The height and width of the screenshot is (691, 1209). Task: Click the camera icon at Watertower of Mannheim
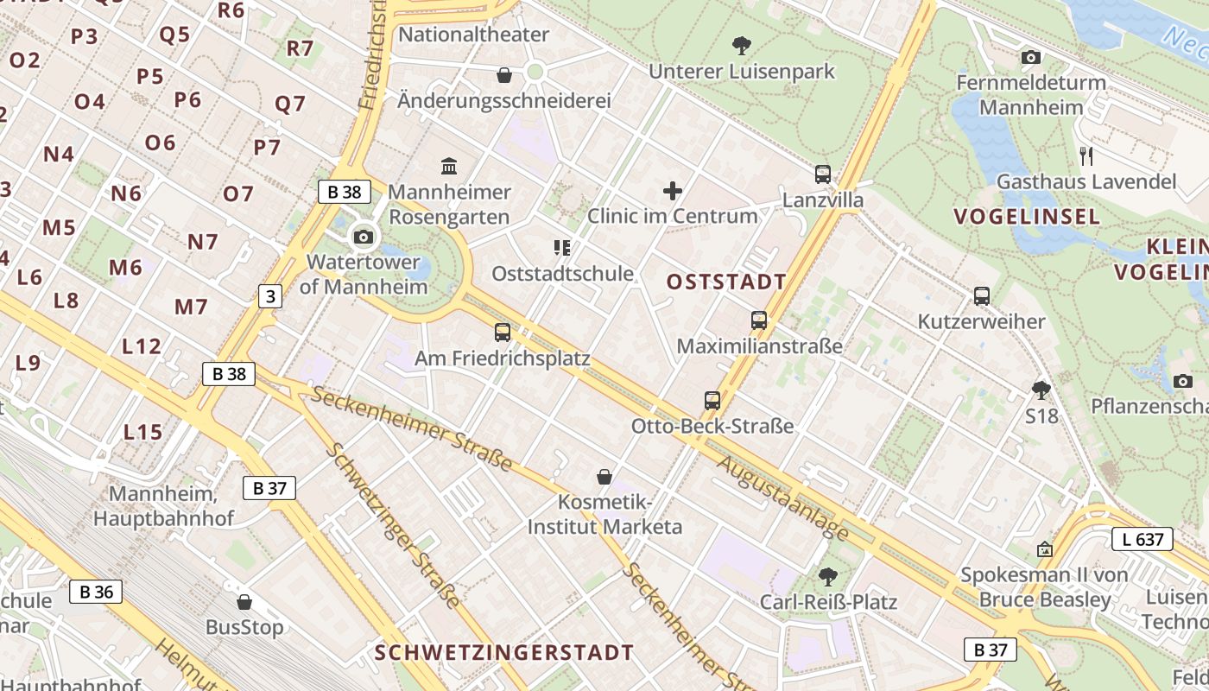pyautogui.click(x=364, y=237)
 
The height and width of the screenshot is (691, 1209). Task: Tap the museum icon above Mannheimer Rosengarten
pyautogui.click(x=449, y=166)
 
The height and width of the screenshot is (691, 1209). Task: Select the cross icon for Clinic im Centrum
pyautogui.click(x=673, y=191)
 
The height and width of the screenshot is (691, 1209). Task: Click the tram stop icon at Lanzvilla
pyautogui.click(x=823, y=174)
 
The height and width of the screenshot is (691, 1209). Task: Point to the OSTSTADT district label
pyautogui.click(x=726, y=282)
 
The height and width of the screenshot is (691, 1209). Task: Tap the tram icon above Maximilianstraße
pyautogui.click(x=759, y=320)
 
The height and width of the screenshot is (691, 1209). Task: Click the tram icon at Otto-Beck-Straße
pyautogui.click(x=712, y=401)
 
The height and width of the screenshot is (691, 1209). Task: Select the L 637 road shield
pyautogui.click(x=1142, y=540)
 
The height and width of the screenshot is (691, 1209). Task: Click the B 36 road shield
pyautogui.click(x=96, y=592)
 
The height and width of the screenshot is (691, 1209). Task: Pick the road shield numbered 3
pyautogui.click(x=270, y=296)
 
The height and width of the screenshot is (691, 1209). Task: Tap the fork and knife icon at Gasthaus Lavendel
pyautogui.click(x=1086, y=156)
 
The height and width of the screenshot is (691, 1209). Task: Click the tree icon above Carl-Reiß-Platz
pyautogui.click(x=828, y=576)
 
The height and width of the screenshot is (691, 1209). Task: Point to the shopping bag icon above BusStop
pyautogui.click(x=244, y=601)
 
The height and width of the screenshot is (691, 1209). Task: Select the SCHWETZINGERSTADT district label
pyautogui.click(x=504, y=652)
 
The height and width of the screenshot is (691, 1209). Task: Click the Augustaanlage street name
pyautogui.click(x=782, y=498)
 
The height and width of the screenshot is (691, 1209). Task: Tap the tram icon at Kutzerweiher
pyautogui.click(x=981, y=296)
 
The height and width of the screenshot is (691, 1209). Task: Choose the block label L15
pyautogui.click(x=142, y=432)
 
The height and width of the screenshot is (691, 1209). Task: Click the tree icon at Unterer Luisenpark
pyautogui.click(x=741, y=45)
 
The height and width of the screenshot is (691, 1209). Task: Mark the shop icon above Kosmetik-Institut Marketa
pyautogui.click(x=604, y=477)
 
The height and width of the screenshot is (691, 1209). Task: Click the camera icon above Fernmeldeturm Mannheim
pyautogui.click(x=1030, y=58)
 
